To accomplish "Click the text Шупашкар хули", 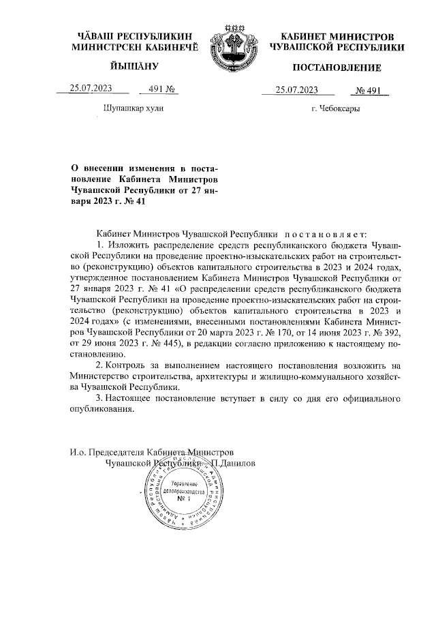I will coord(133,108).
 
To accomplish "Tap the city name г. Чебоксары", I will coord(335,108).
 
